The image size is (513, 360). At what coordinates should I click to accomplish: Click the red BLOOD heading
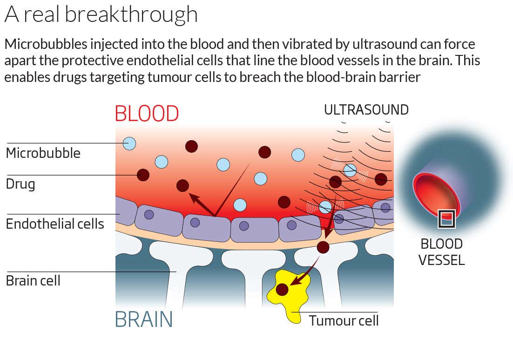coord(147,114)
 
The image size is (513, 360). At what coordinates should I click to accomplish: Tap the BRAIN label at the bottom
coord(144,319)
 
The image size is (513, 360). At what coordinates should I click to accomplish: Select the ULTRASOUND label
coord(366,110)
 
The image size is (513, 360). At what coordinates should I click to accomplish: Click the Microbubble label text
coord(43,153)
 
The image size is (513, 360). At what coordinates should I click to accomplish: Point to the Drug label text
coord(20,184)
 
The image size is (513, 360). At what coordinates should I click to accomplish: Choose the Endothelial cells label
coord(54,224)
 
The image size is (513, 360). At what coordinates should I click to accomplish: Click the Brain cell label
coord(33,281)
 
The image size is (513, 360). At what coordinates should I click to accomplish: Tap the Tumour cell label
coord(344,320)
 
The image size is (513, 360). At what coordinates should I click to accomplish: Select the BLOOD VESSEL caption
coord(441,251)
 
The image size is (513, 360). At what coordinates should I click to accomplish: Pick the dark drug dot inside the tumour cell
coord(282,290)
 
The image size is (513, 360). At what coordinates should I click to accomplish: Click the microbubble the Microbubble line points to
coord(129,143)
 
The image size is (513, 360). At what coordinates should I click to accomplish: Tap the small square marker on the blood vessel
coord(446,219)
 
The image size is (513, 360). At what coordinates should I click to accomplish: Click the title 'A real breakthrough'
coord(101,14)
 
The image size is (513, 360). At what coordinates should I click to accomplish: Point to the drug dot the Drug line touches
coord(143,175)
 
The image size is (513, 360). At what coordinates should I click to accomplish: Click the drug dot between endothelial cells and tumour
coord(323,247)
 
